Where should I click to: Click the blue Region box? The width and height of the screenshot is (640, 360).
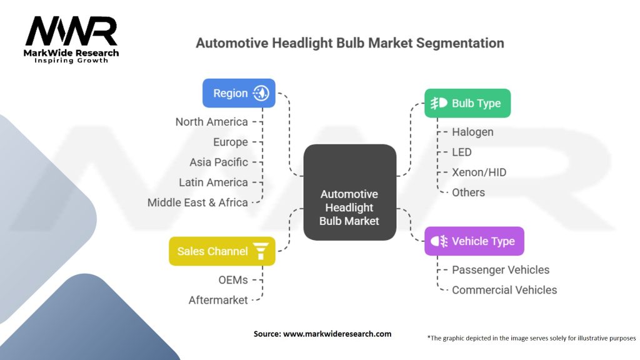pyautogui.click(x=239, y=93)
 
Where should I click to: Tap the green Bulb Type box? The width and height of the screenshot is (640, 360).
pyautogui.click(x=467, y=103)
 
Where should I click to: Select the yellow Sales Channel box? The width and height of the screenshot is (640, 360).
pyautogui.click(x=222, y=251)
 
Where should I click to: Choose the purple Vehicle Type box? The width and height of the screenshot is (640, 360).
pyautogui.click(x=474, y=241)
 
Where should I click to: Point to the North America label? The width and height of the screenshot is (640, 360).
pyautogui.click(x=211, y=122)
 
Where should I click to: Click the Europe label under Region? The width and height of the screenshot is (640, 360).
pyautogui.click(x=230, y=142)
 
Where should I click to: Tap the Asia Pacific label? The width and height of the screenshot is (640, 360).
pyautogui.click(x=219, y=162)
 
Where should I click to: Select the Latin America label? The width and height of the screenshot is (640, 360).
pyautogui.click(x=213, y=182)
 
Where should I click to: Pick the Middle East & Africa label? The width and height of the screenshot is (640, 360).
pyautogui.click(x=197, y=202)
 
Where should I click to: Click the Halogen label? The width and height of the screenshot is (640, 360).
pyautogui.click(x=472, y=132)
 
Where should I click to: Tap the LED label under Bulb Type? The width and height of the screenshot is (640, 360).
pyautogui.click(x=462, y=152)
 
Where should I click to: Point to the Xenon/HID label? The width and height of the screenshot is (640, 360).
pyautogui.click(x=479, y=172)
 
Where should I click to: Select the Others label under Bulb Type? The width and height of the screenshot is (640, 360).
pyautogui.click(x=468, y=192)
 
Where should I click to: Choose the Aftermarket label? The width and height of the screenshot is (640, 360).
pyautogui.click(x=218, y=300)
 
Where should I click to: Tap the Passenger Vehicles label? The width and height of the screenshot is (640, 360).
pyautogui.click(x=501, y=270)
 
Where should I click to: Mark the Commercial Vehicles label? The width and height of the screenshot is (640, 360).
pyautogui.click(x=504, y=290)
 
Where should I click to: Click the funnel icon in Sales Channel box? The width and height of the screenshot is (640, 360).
pyautogui.click(x=261, y=251)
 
